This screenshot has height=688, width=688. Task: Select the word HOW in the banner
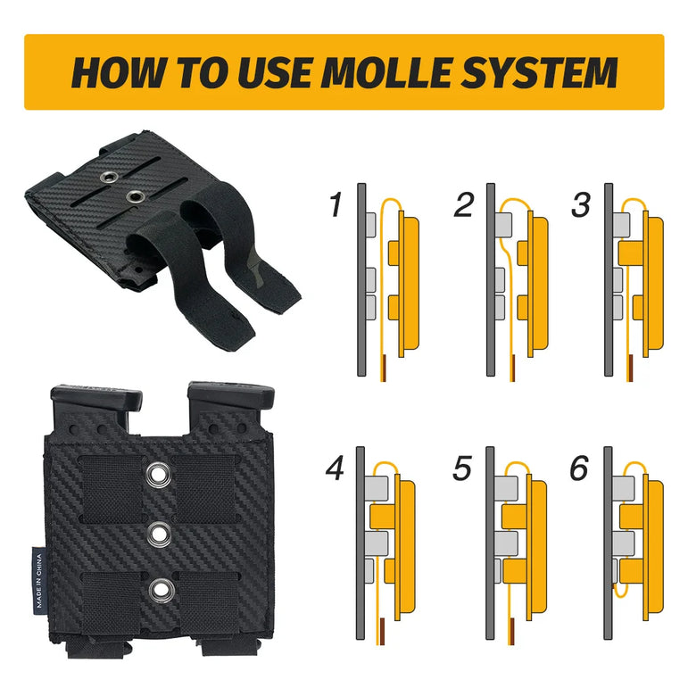coord(118,72)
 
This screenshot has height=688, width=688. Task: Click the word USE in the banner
coord(276,72)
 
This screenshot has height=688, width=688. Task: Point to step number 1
coord(336,204)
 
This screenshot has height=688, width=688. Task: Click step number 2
coord(464,204)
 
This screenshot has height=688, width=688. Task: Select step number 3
coord(581,204)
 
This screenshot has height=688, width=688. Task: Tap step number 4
coord(335,468)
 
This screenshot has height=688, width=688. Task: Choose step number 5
coord(462,468)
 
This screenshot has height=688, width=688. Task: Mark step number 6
coord(579,468)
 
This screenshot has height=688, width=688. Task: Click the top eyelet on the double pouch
coord(159,475)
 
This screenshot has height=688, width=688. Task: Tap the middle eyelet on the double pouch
coord(159,535)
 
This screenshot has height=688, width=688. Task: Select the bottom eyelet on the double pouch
coord(160,590)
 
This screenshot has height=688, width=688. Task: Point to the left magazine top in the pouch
coord(96,398)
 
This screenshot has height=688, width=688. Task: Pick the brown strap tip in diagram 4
coord(381,631)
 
